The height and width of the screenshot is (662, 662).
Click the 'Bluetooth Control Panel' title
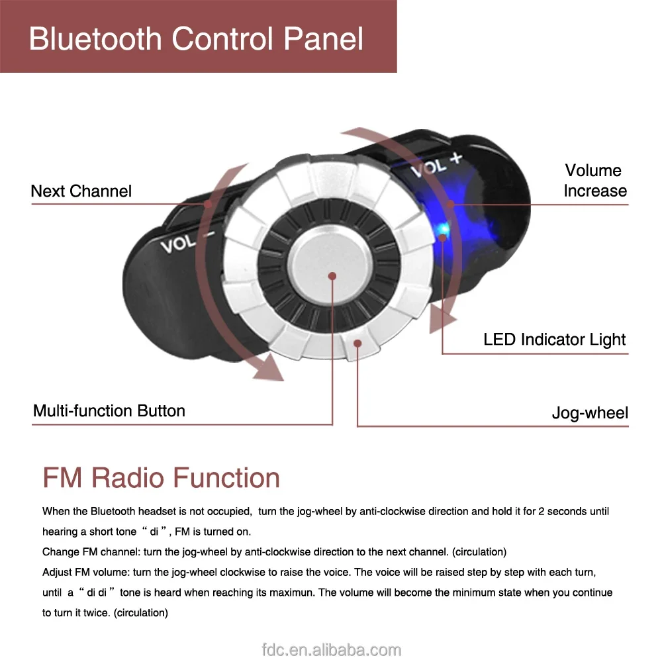196,38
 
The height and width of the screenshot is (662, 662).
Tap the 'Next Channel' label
81,191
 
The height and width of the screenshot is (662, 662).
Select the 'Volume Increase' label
594,181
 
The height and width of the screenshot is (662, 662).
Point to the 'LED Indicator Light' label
554,340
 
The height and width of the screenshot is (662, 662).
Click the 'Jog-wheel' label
590,413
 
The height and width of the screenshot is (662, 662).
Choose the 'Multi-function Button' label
109,410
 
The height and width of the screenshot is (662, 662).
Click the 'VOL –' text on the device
187,242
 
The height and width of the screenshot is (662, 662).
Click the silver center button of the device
329,268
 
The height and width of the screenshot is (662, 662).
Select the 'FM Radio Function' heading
161,477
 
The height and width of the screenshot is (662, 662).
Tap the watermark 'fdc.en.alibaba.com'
330,650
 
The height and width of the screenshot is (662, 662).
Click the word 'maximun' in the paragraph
292,592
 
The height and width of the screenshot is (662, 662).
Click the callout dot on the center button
332,275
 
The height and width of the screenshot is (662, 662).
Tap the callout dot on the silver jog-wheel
357,342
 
